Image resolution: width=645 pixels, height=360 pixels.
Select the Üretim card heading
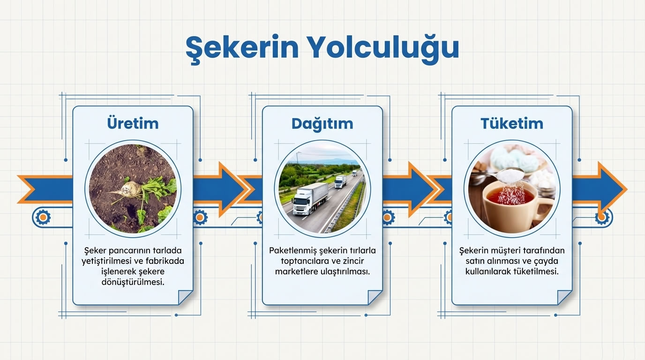pyautogui.click(x=133, y=123)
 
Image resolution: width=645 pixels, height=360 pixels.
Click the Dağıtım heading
pyautogui.click(x=322, y=123)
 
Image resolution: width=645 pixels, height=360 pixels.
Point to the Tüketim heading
pyautogui.click(x=511, y=123)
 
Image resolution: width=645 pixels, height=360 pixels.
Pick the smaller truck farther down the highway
pyautogui.click(x=341, y=181)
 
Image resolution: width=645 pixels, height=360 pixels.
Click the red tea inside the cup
pyautogui.click(x=510, y=196)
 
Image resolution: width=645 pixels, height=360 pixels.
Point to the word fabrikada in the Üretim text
pyautogui.click(x=165, y=261)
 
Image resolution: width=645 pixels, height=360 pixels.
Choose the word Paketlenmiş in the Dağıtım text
pyautogui.click(x=291, y=250)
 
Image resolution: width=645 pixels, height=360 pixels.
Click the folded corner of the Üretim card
pyautogui.click(x=185, y=297)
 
